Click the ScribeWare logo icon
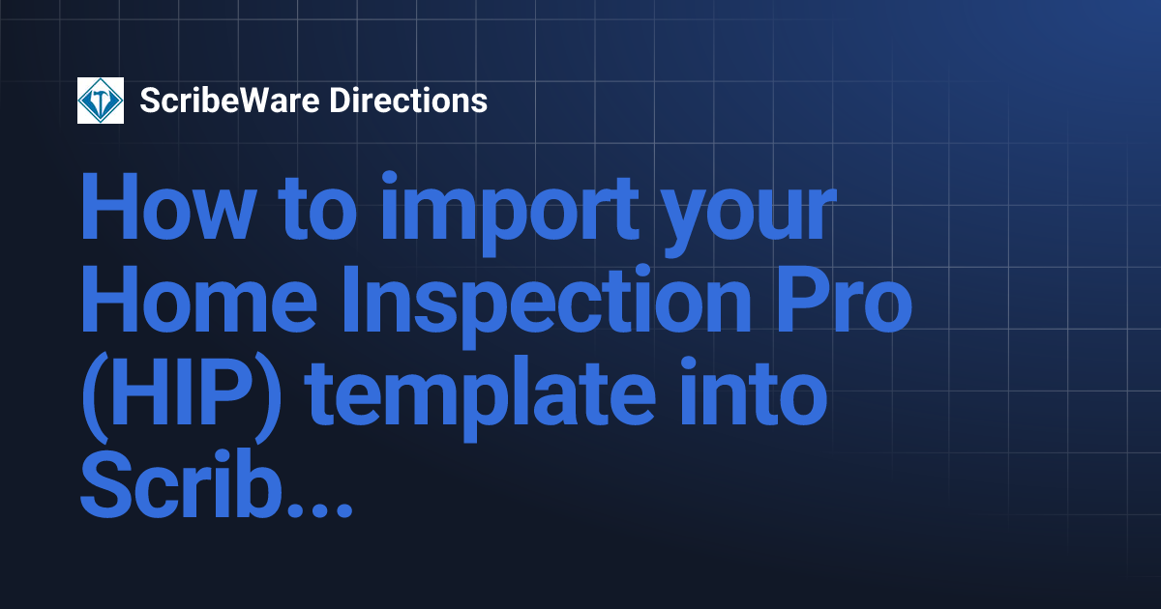click(x=101, y=101)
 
